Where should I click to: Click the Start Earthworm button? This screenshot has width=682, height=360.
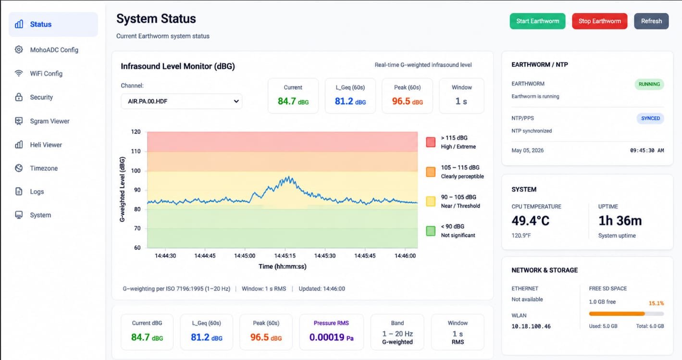(537, 21)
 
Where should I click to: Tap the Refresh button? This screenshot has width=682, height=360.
(651, 21)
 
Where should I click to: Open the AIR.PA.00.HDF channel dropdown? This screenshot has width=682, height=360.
(182, 101)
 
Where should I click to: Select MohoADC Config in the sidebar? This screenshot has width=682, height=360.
(54, 50)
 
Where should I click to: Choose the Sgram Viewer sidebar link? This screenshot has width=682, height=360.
(50, 121)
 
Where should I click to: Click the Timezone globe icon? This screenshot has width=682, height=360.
(19, 168)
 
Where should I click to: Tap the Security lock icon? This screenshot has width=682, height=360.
(19, 97)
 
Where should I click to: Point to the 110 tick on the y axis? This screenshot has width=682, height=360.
(136, 151)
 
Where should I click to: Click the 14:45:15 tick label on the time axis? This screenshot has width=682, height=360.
(285, 256)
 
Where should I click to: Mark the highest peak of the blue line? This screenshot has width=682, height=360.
(288, 176)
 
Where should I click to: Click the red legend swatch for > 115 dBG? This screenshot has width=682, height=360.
(431, 142)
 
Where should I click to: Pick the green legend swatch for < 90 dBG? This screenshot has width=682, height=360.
(431, 231)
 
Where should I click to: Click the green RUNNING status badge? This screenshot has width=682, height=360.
(649, 84)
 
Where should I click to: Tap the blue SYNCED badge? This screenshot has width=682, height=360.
(650, 118)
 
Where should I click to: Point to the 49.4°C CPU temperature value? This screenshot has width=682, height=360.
(531, 221)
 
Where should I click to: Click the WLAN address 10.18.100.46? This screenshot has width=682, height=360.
(531, 326)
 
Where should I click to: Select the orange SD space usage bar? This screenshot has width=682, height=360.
(617, 314)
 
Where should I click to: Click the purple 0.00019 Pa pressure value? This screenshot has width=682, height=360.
(331, 337)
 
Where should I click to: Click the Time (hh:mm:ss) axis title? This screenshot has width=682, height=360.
(283, 266)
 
